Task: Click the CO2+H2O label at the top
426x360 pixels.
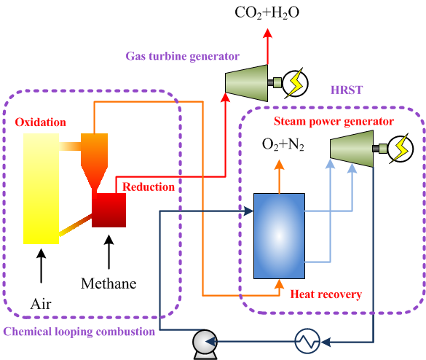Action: (267, 13)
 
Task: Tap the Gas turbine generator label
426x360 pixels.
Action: (182, 56)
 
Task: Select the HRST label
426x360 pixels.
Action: (347, 90)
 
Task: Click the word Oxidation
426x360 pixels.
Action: (41, 122)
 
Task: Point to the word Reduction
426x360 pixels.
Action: (149, 187)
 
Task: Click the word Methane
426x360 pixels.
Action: (109, 283)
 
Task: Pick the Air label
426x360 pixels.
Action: (41, 304)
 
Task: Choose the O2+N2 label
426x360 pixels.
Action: (283, 144)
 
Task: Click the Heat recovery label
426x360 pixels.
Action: (326, 294)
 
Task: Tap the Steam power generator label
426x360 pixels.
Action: (334, 122)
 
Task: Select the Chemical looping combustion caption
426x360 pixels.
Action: (79, 332)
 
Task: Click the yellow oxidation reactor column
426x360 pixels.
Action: (41, 189)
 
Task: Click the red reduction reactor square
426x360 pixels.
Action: (109, 210)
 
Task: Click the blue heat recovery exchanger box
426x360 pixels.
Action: (279, 236)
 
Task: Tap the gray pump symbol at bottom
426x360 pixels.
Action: (205, 344)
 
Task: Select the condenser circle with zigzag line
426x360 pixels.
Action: (307, 341)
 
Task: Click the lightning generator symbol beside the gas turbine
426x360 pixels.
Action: (295, 83)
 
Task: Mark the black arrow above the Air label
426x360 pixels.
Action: (42, 266)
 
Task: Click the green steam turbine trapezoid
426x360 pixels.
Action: (352, 149)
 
